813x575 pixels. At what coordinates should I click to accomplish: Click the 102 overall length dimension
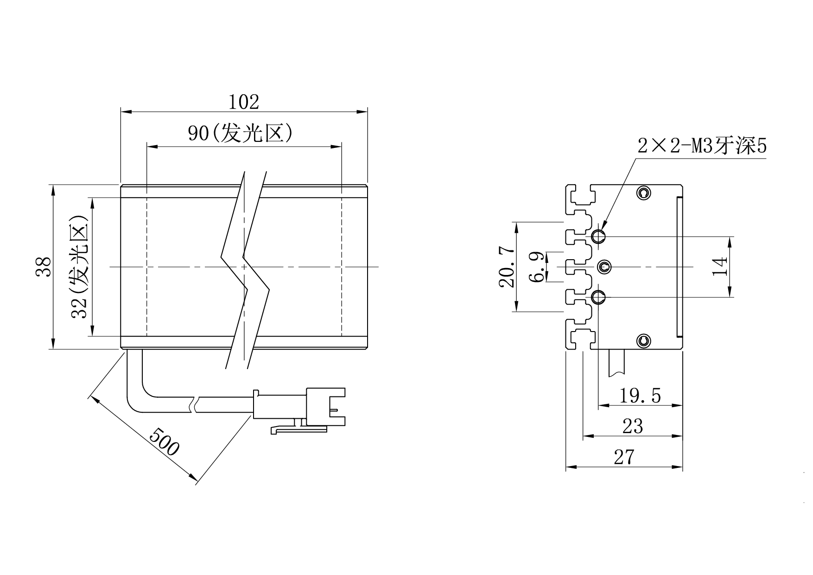[244, 102]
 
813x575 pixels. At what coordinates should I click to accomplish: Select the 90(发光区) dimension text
[240, 134]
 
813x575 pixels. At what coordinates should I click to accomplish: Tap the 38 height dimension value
[44, 267]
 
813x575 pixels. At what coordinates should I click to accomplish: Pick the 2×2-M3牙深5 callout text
[702, 147]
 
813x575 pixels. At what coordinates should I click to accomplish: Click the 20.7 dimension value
[507, 267]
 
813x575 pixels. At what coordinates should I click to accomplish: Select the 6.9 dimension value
[538, 267]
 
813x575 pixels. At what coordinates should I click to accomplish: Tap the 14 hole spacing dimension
[720, 267]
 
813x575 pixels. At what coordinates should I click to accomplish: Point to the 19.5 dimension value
[640, 396]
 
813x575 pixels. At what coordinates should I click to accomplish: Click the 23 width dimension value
[633, 426]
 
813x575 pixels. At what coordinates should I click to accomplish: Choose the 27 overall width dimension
[624, 457]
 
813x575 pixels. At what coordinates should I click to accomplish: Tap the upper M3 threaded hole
[598, 237]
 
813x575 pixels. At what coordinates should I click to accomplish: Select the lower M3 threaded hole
[598, 296]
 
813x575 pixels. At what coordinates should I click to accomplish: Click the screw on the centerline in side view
[605, 267]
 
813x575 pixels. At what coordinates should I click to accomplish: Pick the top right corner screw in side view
[643, 192]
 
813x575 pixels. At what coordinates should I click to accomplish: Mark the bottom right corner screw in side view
[643, 341]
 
